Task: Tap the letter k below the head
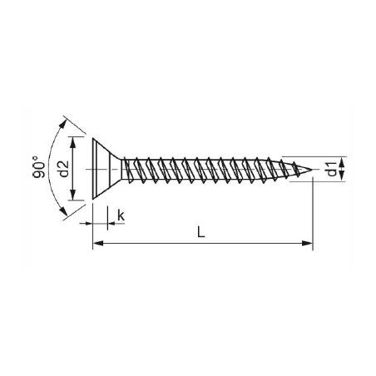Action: [121, 216]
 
